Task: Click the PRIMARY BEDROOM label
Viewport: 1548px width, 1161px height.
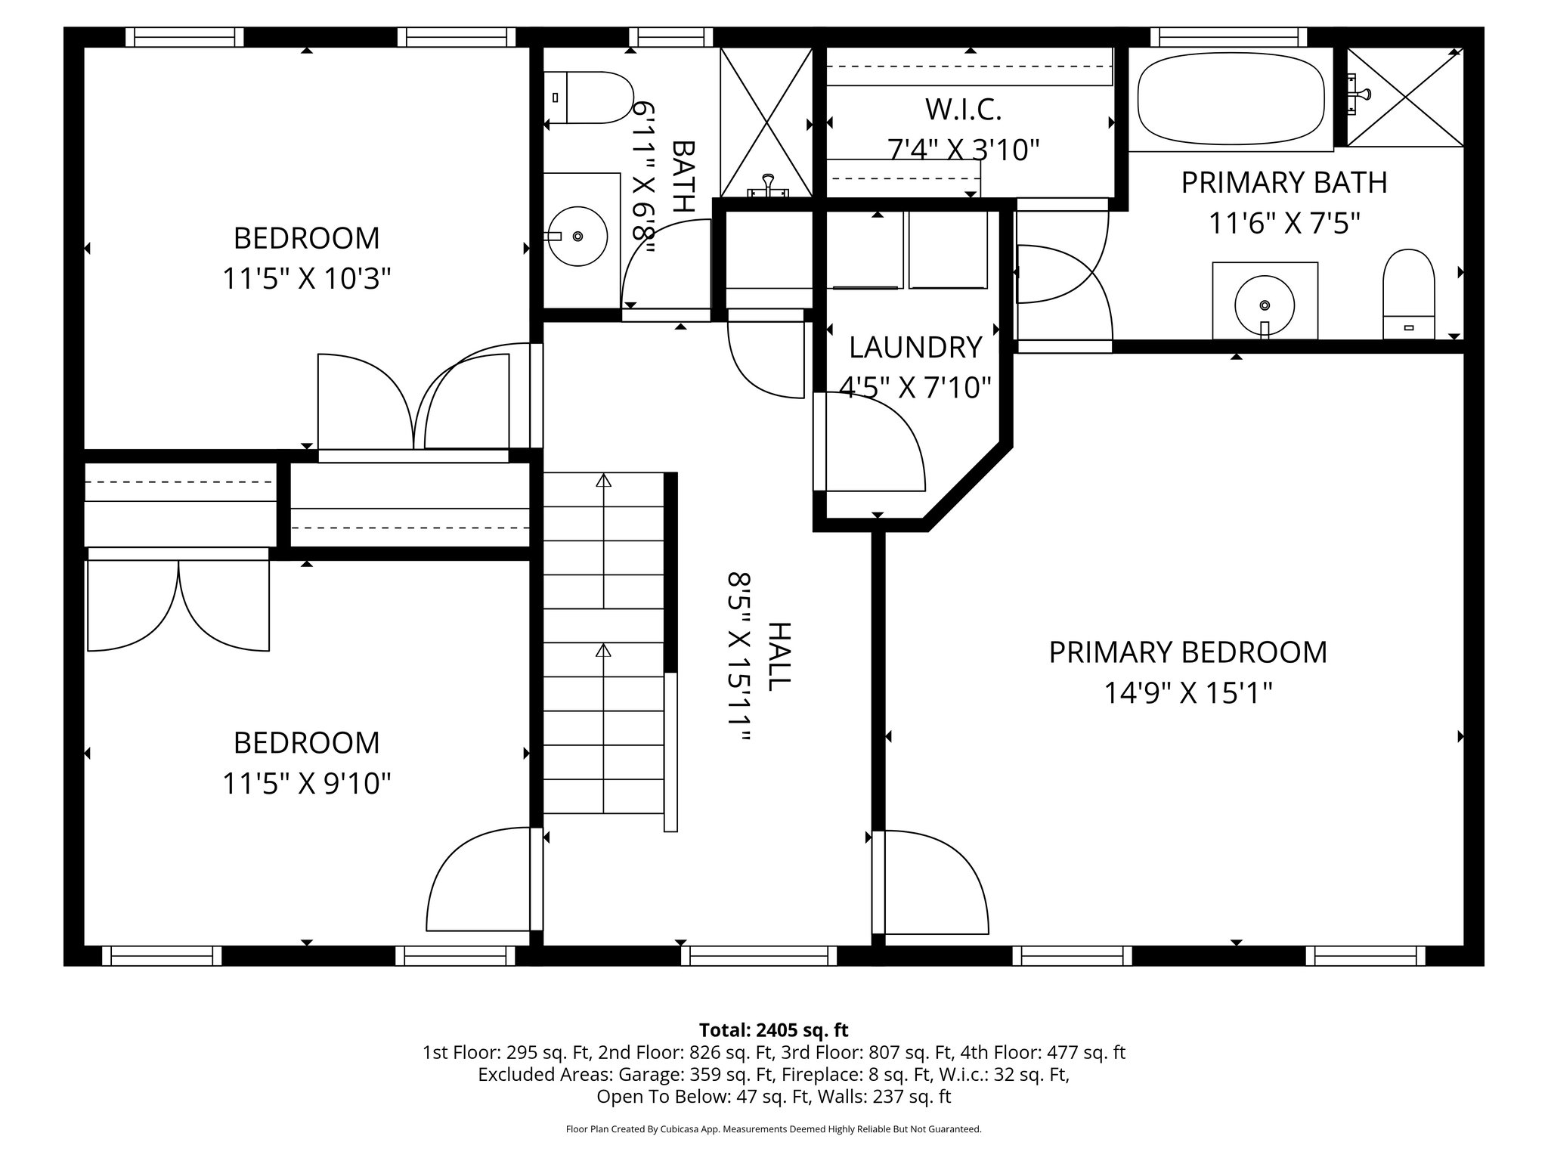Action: [x=1187, y=652]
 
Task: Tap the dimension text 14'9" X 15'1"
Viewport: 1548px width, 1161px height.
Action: [x=1188, y=693]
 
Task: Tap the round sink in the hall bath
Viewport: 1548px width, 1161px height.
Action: [x=577, y=236]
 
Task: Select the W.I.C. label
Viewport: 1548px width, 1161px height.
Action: [x=963, y=110]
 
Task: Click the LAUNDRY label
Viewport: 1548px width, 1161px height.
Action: [x=915, y=347]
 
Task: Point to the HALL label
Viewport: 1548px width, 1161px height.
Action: [x=779, y=656]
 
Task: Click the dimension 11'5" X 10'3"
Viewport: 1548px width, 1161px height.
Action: [x=306, y=279]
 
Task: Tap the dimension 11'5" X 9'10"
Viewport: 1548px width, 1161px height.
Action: [x=306, y=784]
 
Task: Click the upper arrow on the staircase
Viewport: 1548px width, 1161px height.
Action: [x=603, y=481]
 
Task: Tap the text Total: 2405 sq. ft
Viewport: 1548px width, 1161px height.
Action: [x=773, y=1030]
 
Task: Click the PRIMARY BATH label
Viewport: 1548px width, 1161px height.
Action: [x=1283, y=183]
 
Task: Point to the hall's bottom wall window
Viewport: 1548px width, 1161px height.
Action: [x=760, y=956]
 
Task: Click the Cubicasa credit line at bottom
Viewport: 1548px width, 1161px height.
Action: [x=773, y=1129]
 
